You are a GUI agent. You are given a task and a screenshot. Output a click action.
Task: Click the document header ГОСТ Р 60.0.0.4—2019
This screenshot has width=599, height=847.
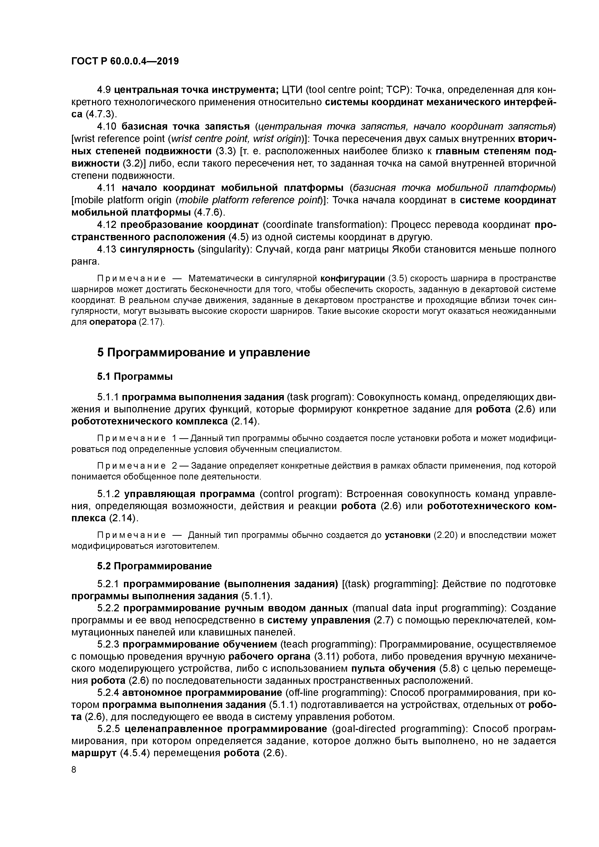coord(125,61)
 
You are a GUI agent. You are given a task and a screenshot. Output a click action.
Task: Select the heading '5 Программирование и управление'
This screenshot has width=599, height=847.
coord(203,353)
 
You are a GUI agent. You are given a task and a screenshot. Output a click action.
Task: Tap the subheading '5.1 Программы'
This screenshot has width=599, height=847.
coord(135,377)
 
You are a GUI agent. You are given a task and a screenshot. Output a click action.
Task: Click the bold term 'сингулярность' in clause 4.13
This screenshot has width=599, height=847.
coord(157,250)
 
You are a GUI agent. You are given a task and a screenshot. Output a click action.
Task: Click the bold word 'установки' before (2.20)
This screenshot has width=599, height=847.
coord(407,535)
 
